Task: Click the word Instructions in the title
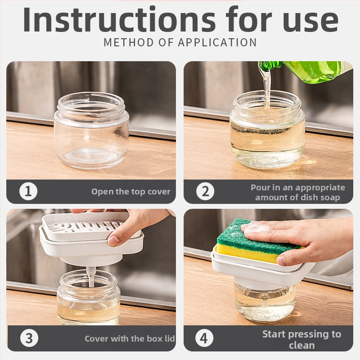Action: pos(119,19)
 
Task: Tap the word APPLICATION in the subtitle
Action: pos(217,42)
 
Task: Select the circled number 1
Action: pos(28,191)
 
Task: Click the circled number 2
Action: pos(205,191)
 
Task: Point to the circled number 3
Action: pos(29,338)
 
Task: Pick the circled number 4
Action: pos(204,338)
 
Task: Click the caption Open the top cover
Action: pos(131,192)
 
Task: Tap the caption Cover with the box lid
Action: pos(130,339)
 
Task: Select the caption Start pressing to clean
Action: pos(301,340)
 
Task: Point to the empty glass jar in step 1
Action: pos(91,130)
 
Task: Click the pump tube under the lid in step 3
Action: pos(91,277)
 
